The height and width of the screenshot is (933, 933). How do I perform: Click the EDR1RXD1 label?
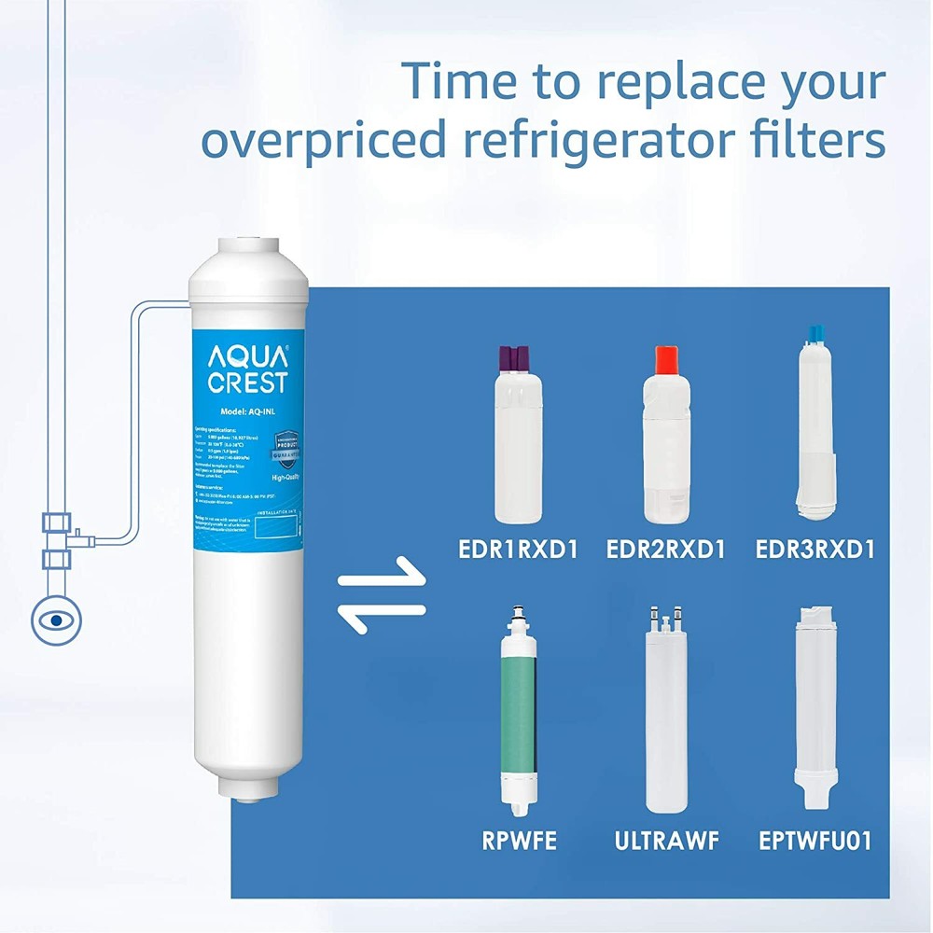518,550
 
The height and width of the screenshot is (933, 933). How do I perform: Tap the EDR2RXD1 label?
665,550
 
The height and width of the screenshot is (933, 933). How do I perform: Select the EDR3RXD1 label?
815,550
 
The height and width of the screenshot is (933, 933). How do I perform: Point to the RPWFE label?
520,840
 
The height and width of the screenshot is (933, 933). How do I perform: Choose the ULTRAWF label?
666,840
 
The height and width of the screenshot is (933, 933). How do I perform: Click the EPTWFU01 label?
815,840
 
